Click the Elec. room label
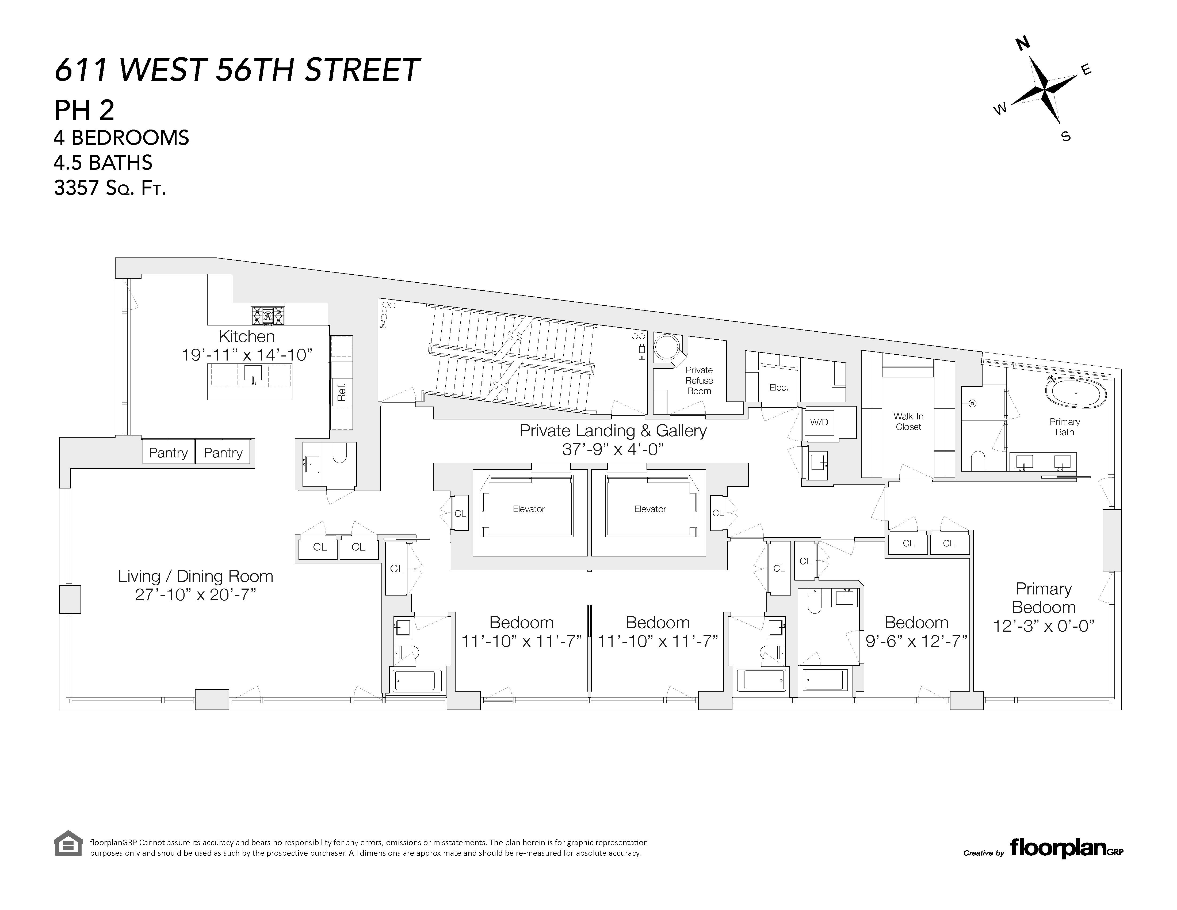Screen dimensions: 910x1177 click(x=779, y=388)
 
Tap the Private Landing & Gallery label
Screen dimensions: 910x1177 click(x=613, y=431)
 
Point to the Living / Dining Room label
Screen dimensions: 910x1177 click(x=195, y=576)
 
